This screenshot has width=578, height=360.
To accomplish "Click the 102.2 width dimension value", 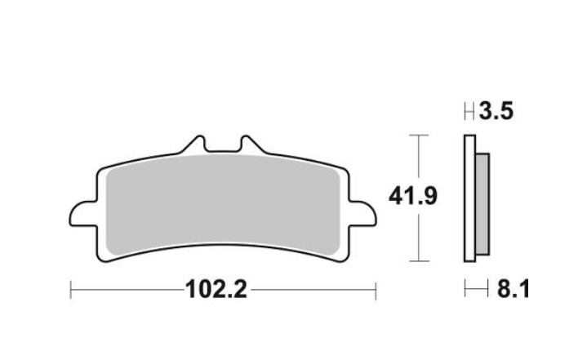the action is tap(216, 289).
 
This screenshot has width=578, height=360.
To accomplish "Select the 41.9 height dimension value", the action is tap(413, 196).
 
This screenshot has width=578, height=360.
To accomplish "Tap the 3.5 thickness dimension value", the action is tap(496, 111).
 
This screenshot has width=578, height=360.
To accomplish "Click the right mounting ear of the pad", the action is tap(362, 213).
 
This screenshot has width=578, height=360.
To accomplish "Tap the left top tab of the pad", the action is tap(194, 144).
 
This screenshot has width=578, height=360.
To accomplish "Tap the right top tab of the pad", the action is tap(251, 144).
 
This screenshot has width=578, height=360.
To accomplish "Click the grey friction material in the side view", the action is tap(482, 204).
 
